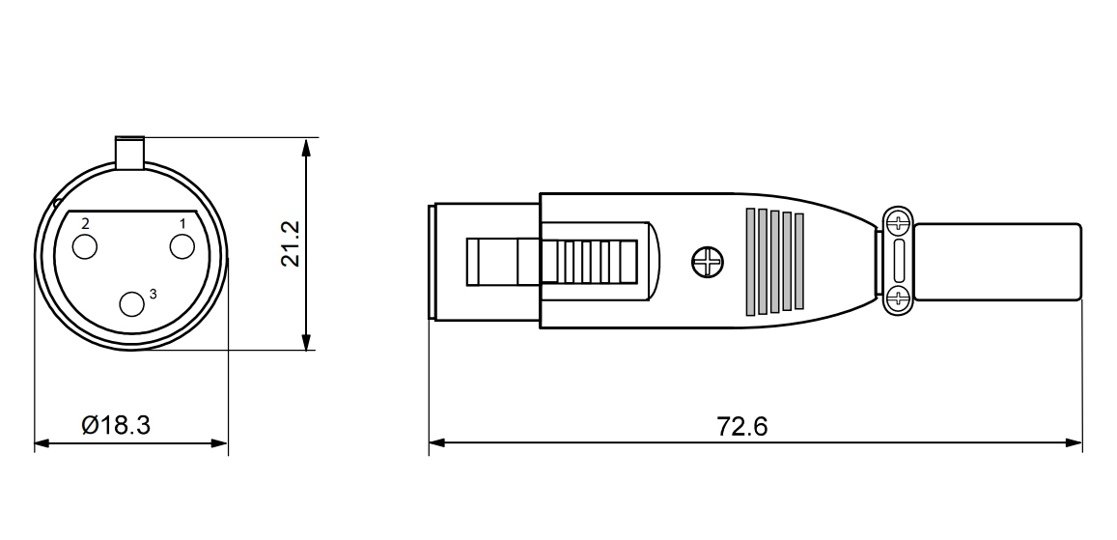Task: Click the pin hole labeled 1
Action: click(182, 247)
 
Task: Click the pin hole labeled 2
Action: click(85, 246)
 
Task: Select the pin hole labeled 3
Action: click(131, 304)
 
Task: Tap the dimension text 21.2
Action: click(291, 243)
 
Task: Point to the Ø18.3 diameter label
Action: click(116, 425)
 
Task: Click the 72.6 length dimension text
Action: click(742, 426)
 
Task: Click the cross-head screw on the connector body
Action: click(707, 262)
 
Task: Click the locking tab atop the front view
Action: click(129, 153)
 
